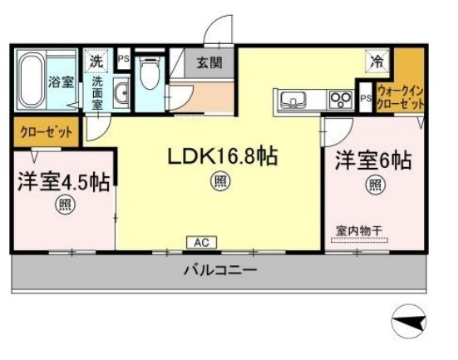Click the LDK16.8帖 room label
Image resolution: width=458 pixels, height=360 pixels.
point(222,155)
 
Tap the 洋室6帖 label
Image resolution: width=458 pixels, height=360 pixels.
point(372,161)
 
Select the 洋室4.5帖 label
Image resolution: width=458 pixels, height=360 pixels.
point(62,182)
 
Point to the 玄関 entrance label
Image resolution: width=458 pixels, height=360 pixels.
point(209,62)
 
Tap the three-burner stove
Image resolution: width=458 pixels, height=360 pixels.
point(338,101)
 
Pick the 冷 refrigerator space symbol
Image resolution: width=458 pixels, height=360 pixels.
point(377,61)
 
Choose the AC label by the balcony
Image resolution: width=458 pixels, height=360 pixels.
point(199,242)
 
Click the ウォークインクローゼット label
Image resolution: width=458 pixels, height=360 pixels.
point(401,97)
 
